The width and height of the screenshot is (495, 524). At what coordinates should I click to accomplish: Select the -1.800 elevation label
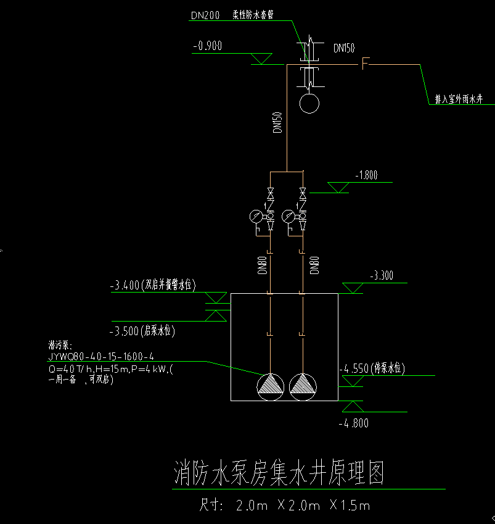click(366, 175)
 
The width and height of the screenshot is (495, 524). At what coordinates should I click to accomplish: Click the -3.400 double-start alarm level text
click(152, 286)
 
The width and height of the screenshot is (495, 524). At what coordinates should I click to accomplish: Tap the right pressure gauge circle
click(288, 217)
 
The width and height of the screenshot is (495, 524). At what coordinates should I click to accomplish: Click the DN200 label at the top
click(205, 17)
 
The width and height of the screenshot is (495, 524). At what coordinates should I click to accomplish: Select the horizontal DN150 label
click(343, 48)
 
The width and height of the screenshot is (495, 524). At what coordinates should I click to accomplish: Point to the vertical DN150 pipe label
click(277, 122)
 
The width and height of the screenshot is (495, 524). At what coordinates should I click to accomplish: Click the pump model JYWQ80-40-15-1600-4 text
click(101, 357)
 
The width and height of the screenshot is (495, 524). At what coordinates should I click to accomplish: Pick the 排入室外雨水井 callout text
click(458, 99)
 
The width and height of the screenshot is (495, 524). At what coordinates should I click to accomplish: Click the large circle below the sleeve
click(309, 102)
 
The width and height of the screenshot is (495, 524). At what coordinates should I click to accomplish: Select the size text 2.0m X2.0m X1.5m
click(285, 506)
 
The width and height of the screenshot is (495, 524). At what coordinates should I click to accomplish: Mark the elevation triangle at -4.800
click(353, 405)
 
